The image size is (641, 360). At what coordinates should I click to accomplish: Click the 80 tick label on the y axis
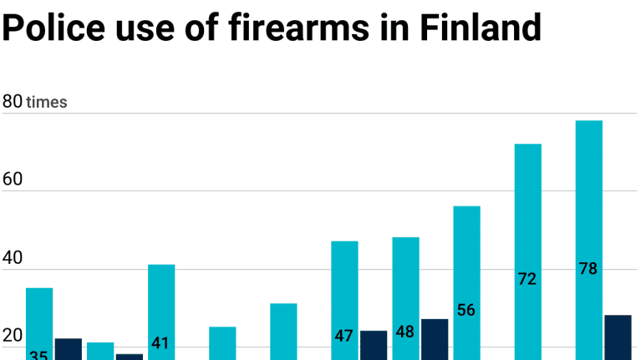(x=12, y=102)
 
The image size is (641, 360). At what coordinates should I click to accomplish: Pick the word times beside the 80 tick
(x=47, y=103)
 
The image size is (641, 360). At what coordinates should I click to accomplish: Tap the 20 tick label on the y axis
(x=12, y=336)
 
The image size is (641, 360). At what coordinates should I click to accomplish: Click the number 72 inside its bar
(x=527, y=279)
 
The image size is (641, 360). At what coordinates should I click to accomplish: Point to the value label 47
(x=344, y=336)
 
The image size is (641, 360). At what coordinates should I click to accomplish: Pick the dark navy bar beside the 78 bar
(x=618, y=337)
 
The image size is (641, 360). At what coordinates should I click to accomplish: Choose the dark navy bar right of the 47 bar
(x=374, y=345)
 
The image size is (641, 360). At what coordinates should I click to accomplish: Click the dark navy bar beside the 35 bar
(x=69, y=349)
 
